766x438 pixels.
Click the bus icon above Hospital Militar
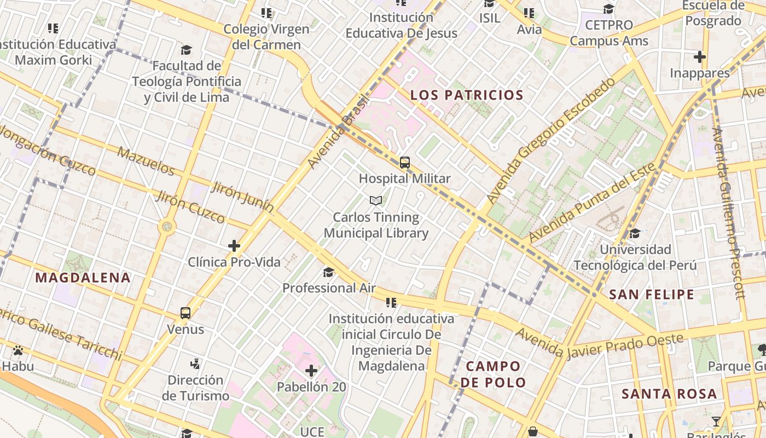click(x=405, y=163)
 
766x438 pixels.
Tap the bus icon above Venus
click(x=185, y=313)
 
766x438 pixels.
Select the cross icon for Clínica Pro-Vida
click(x=234, y=246)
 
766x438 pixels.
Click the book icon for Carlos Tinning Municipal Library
click(x=375, y=201)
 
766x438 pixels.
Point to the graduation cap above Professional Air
click(x=328, y=272)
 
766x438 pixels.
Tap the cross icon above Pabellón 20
click(x=311, y=371)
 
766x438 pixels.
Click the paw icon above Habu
click(x=18, y=350)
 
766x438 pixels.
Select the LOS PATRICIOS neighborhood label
click(x=467, y=95)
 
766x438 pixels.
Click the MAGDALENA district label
click(x=83, y=278)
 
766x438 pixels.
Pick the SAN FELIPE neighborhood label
click(x=652, y=295)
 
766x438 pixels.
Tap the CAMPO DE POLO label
click(x=493, y=374)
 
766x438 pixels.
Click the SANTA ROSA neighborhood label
click(x=669, y=394)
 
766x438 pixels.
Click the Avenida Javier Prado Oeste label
click(x=599, y=343)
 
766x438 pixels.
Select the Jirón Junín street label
click(x=242, y=197)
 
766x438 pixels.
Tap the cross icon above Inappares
click(x=699, y=57)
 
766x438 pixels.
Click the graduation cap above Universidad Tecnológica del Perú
click(x=635, y=234)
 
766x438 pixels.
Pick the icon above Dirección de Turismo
click(x=195, y=364)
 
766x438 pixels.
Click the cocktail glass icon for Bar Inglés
click(x=716, y=421)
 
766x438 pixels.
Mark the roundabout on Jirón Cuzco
click(x=167, y=226)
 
